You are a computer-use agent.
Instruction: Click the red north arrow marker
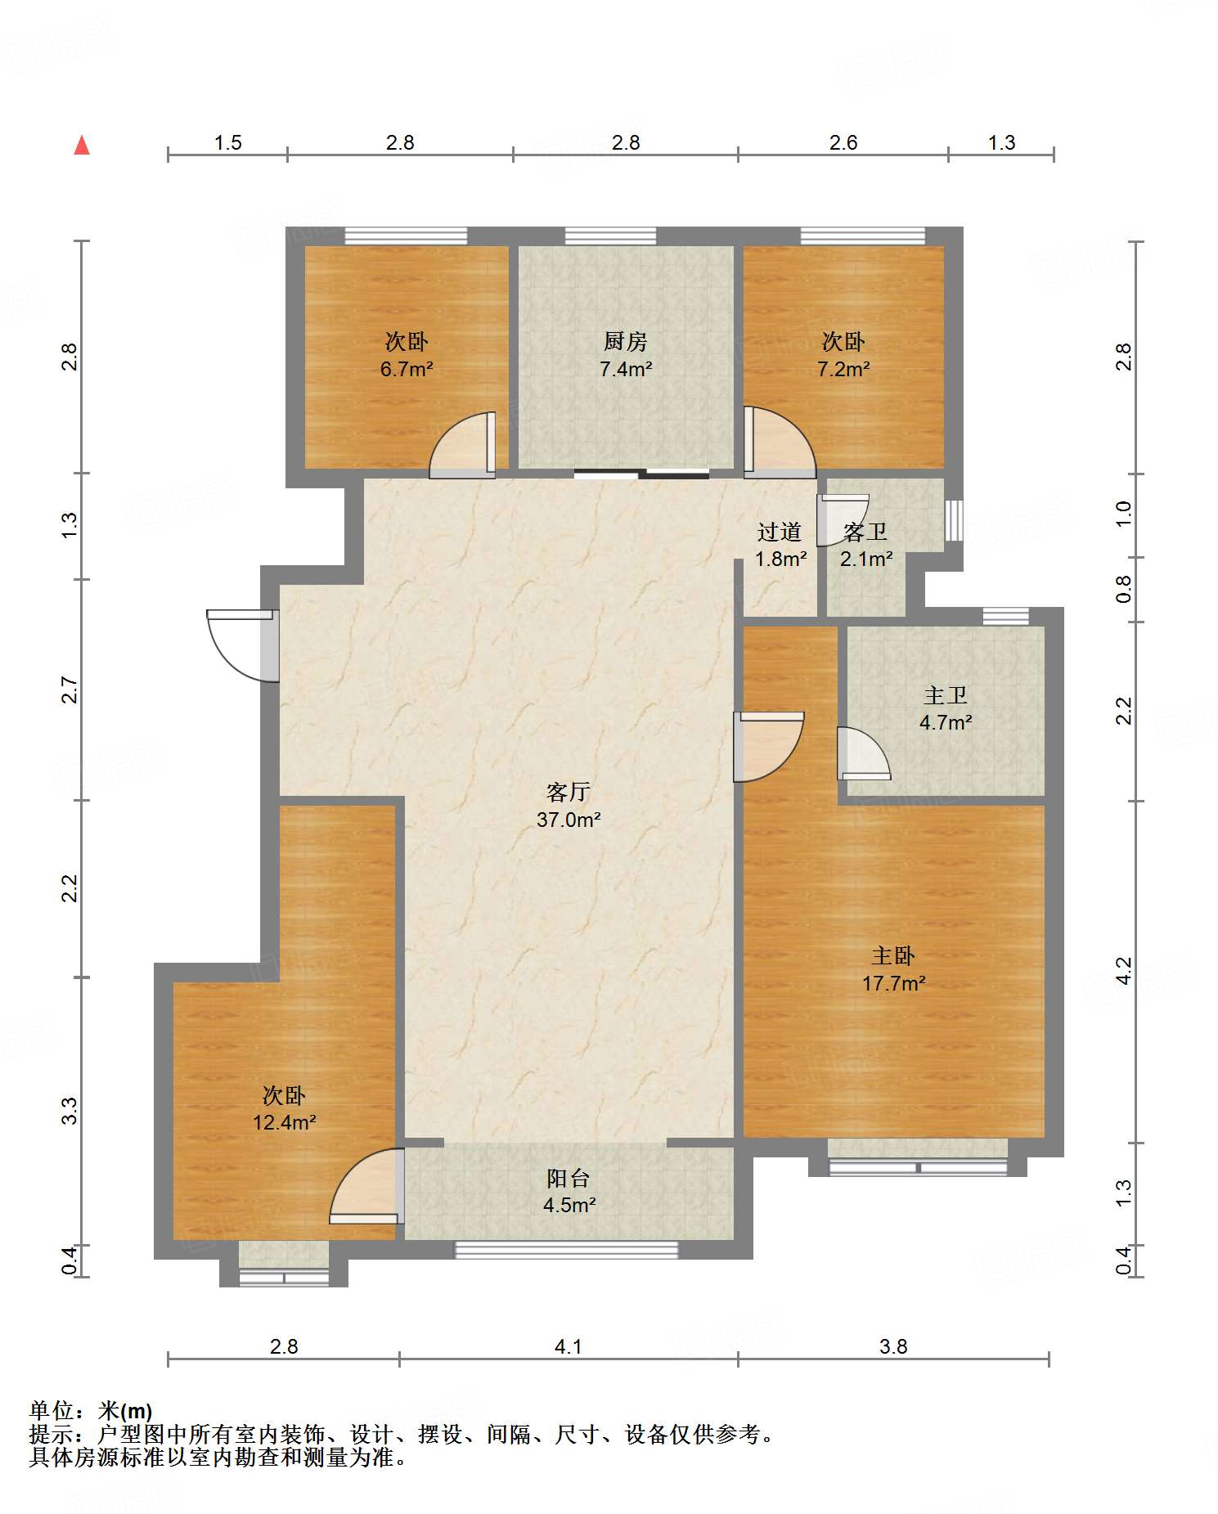[82, 145]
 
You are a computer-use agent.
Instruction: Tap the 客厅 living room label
[569, 792]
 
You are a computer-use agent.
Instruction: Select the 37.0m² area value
[569, 819]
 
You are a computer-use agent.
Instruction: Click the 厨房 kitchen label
[626, 341]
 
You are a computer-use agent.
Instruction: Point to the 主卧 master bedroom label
[893, 955]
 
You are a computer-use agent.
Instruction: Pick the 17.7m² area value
[893, 982]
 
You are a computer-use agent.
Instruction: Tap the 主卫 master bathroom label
[946, 695]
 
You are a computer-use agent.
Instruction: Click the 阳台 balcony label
[569, 1178]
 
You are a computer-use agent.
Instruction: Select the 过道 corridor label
[780, 532]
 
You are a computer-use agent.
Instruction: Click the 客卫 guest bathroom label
[865, 532]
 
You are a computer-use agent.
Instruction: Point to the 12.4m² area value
[285, 1122]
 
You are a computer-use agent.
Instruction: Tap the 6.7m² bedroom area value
[407, 369]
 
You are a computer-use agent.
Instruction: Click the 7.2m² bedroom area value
[843, 369]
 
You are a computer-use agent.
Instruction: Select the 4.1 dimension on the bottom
[569, 1346]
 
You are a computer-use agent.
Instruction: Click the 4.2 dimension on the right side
[1124, 971]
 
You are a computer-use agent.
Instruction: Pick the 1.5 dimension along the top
[228, 142]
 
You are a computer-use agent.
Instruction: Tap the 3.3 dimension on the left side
[70, 1111]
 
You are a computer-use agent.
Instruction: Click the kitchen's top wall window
[610, 236]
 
